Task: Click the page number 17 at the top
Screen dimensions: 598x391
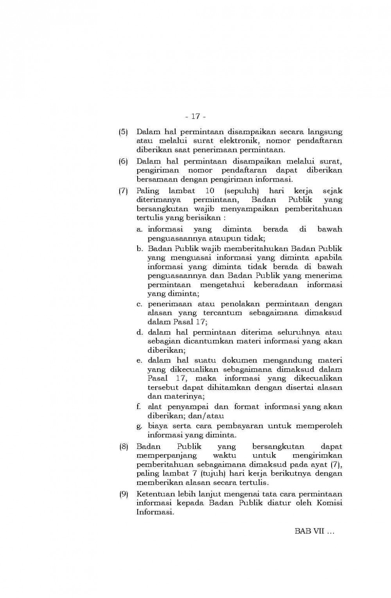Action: (195, 116)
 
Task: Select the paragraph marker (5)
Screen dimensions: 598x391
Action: (124, 132)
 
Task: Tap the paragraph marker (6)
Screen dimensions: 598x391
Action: (124, 161)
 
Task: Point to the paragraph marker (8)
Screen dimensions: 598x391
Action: (124, 446)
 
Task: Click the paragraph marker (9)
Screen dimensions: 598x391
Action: (124, 494)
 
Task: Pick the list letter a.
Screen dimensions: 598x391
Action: (139, 229)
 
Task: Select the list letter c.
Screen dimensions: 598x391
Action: (139, 304)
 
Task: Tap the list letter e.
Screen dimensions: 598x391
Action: (139, 360)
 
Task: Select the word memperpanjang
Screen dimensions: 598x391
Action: (167, 456)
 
